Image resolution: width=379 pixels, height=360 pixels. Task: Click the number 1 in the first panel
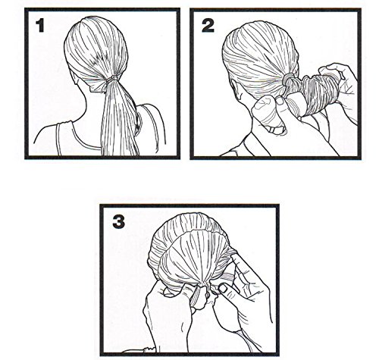pos(40,26)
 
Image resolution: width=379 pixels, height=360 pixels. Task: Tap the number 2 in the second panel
pos(208,26)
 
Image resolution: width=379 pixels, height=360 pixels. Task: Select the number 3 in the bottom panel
pos(118,222)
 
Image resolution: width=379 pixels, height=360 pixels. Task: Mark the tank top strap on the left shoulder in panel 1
pos(58,139)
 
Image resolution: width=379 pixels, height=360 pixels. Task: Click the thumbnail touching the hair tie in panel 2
pos(280,100)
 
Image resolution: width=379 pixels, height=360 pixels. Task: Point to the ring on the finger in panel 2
pos(275,130)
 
